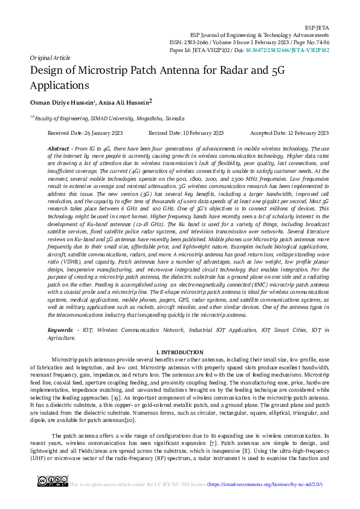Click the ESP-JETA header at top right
pos(318,28)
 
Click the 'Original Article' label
pos(50,58)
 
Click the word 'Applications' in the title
pos(59,85)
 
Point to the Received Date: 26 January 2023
pos(85,133)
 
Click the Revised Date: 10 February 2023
pos(186,133)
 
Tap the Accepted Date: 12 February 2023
pos(289,133)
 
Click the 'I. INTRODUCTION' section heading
pos(179,352)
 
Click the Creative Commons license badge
pos(53,481)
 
